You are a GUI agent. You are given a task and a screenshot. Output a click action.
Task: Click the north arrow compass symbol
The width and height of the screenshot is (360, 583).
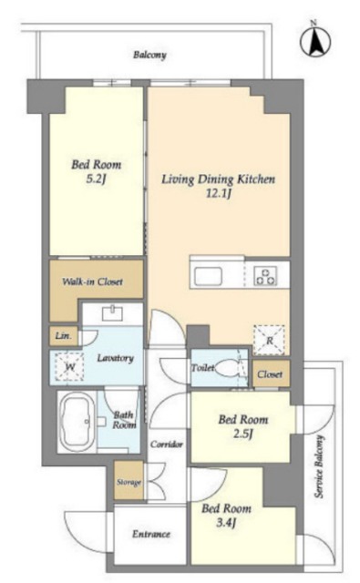coord(315,41)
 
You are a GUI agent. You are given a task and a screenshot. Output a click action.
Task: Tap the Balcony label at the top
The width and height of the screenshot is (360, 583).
coord(149,55)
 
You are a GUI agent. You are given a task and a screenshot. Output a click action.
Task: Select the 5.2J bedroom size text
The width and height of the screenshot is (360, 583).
coord(97,179)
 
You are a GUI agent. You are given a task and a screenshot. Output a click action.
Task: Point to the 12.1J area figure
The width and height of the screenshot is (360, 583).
coord(219,193)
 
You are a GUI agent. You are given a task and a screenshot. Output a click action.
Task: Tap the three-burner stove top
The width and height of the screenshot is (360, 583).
coord(265,276)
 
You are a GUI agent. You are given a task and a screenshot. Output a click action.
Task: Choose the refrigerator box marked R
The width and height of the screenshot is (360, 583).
coord(269,340)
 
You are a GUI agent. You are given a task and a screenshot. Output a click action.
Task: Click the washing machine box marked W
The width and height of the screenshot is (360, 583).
coord(69,367)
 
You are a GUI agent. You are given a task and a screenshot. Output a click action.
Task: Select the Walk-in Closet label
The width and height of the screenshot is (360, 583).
coord(92,281)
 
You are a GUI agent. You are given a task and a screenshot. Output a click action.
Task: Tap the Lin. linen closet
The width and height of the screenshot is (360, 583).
coord(64,336)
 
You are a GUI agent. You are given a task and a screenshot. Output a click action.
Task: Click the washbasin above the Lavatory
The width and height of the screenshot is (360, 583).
coord(112,313)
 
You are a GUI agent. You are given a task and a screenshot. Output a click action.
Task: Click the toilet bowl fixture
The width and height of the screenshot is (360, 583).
coord(229,369)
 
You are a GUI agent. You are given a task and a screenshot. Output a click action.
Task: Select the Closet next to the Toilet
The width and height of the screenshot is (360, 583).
coord(271,373)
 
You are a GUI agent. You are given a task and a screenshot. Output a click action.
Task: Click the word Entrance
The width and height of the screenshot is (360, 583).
coord(151,535)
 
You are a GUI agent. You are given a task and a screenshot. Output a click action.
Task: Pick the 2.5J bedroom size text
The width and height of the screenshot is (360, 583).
coord(243,434)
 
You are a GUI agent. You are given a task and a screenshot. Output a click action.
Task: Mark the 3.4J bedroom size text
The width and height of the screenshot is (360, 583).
coord(227,523)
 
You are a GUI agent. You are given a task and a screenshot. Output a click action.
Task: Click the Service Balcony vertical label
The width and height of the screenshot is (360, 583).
coord(319,466)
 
